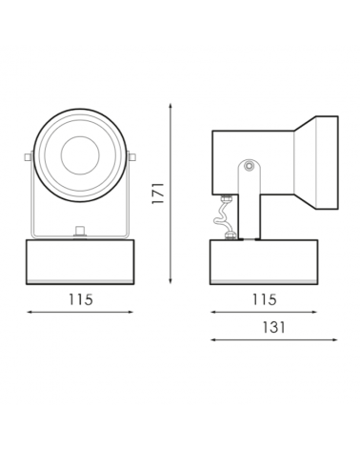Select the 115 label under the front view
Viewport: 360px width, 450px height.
(x=80, y=299)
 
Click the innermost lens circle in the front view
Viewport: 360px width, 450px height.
(x=80, y=153)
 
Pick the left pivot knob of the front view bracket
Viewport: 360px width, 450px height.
(x=28, y=156)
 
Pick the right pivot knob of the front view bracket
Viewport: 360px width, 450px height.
(x=132, y=156)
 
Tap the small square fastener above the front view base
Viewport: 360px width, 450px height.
(x=80, y=230)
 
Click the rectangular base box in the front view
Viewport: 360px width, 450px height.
(x=80, y=261)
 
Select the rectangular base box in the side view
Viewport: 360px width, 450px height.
(x=263, y=261)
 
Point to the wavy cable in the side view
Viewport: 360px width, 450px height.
(x=227, y=218)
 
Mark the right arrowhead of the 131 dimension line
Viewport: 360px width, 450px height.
(x=336, y=339)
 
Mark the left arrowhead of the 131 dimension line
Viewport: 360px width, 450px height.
(x=212, y=339)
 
